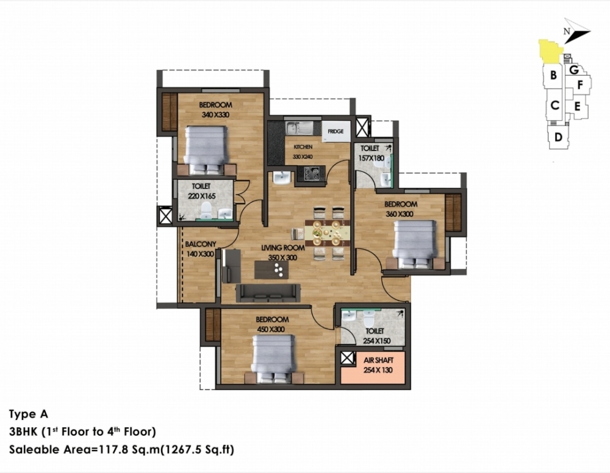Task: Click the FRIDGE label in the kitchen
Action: pyautogui.click(x=335, y=132)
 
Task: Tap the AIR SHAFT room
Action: pyautogui.click(x=373, y=368)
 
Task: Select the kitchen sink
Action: pyautogui.click(x=299, y=128)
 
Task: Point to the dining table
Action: pyautogui.click(x=327, y=233)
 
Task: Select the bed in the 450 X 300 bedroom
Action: pyautogui.click(x=273, y=360)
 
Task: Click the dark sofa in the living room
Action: pyautogui.click(x=268, y=293)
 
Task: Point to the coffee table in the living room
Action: pyautogui.click(x=271, y=270)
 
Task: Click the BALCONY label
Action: pyautogui.click(x=200, y=244)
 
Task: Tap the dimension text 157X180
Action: pyautogui.click(x=371, y=158)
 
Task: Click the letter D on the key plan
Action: pyautogui.click(x=558, y=137)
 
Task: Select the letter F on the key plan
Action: pyautogui.click(x=580, y=85)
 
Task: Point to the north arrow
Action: pyautogui.click(x=576, y=31)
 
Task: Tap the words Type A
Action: pyautogui.click(x=29, y=414)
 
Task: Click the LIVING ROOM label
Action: pyautogui.click(x=283, y=247)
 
